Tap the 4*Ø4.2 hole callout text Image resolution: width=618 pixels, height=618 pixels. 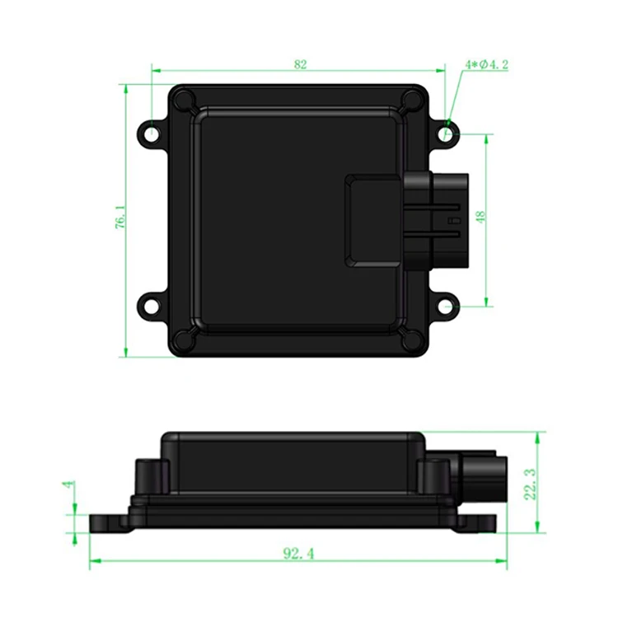pos(486,64)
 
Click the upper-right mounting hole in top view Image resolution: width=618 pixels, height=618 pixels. pos(446,132)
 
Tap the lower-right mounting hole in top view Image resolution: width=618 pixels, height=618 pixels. pos(446,306)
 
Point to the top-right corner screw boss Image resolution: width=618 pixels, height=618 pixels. pos(411,101)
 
